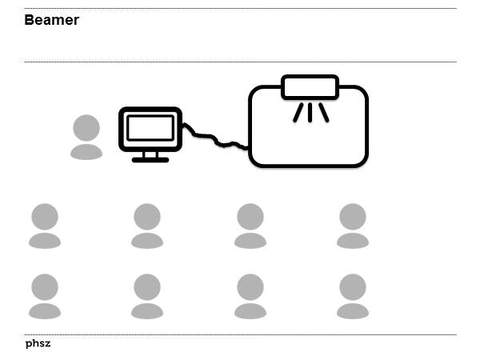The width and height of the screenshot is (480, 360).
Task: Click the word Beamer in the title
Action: point(51,20)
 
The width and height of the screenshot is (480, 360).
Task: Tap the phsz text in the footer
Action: point(38,343)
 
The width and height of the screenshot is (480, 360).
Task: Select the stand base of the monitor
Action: point(150,159)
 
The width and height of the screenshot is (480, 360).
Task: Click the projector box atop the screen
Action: point(310,87)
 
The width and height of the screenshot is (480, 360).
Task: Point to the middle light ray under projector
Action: point(310,112)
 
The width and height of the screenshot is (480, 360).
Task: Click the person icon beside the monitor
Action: point(86,138)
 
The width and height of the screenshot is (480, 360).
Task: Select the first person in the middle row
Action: point(45,226)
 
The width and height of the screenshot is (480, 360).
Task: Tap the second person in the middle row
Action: point(147,226)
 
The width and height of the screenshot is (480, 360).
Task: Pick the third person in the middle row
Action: point(250,226)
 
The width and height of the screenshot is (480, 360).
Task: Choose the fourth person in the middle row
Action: point(353,226)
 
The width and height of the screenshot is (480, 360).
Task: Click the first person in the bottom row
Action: point(45,296)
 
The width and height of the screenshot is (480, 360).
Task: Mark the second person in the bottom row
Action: point(147,296)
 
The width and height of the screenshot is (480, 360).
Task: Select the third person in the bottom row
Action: point(250,296)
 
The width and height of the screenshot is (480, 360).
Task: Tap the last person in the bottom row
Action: point(353,296)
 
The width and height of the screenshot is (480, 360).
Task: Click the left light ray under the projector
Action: point(298,113)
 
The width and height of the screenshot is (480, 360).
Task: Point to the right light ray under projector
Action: point(323,113)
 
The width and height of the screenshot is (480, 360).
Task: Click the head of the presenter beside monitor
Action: point(86,128)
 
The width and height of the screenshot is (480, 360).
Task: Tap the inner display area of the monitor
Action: point(150,128)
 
